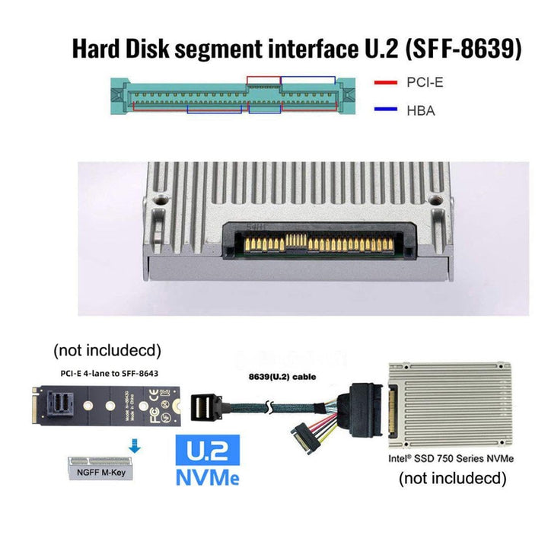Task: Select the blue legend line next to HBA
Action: coord(386,111)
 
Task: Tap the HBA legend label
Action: coord(421,111)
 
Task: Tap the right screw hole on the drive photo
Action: coord(435,201)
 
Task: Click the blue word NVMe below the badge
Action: coord(207,479)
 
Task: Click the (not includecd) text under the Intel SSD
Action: coord(452,479)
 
